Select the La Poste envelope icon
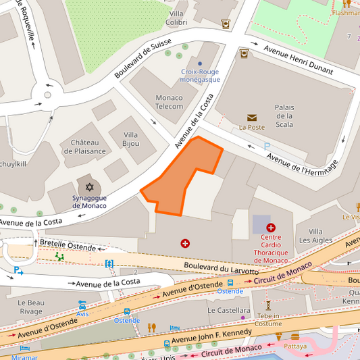pyautogui.click(x=252, y=118)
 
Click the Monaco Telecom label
pyautogui.click(x=169, y=102)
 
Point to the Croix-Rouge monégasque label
pyautogui.click(x=199, y=76)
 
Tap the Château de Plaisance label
pyautogui.click(x=84, y=147)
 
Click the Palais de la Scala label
pyautogui.click(x=284, y=115)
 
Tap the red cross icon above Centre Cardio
pyautogui.click(x=271, y=228)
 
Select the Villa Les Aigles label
pyautogui.click(x=315, y=236)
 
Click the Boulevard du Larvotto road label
pyautogui.click(x=221, y=268)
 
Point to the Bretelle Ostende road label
pyautogui.click(x=68, y=245)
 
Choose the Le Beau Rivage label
pyautogui.click(x=31, y=307)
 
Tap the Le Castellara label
pyautogui.click(x=228, y=311)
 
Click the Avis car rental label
pyautogui.click(x=82, y=314)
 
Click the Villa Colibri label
pyautogui.click(x=176, y=18)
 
